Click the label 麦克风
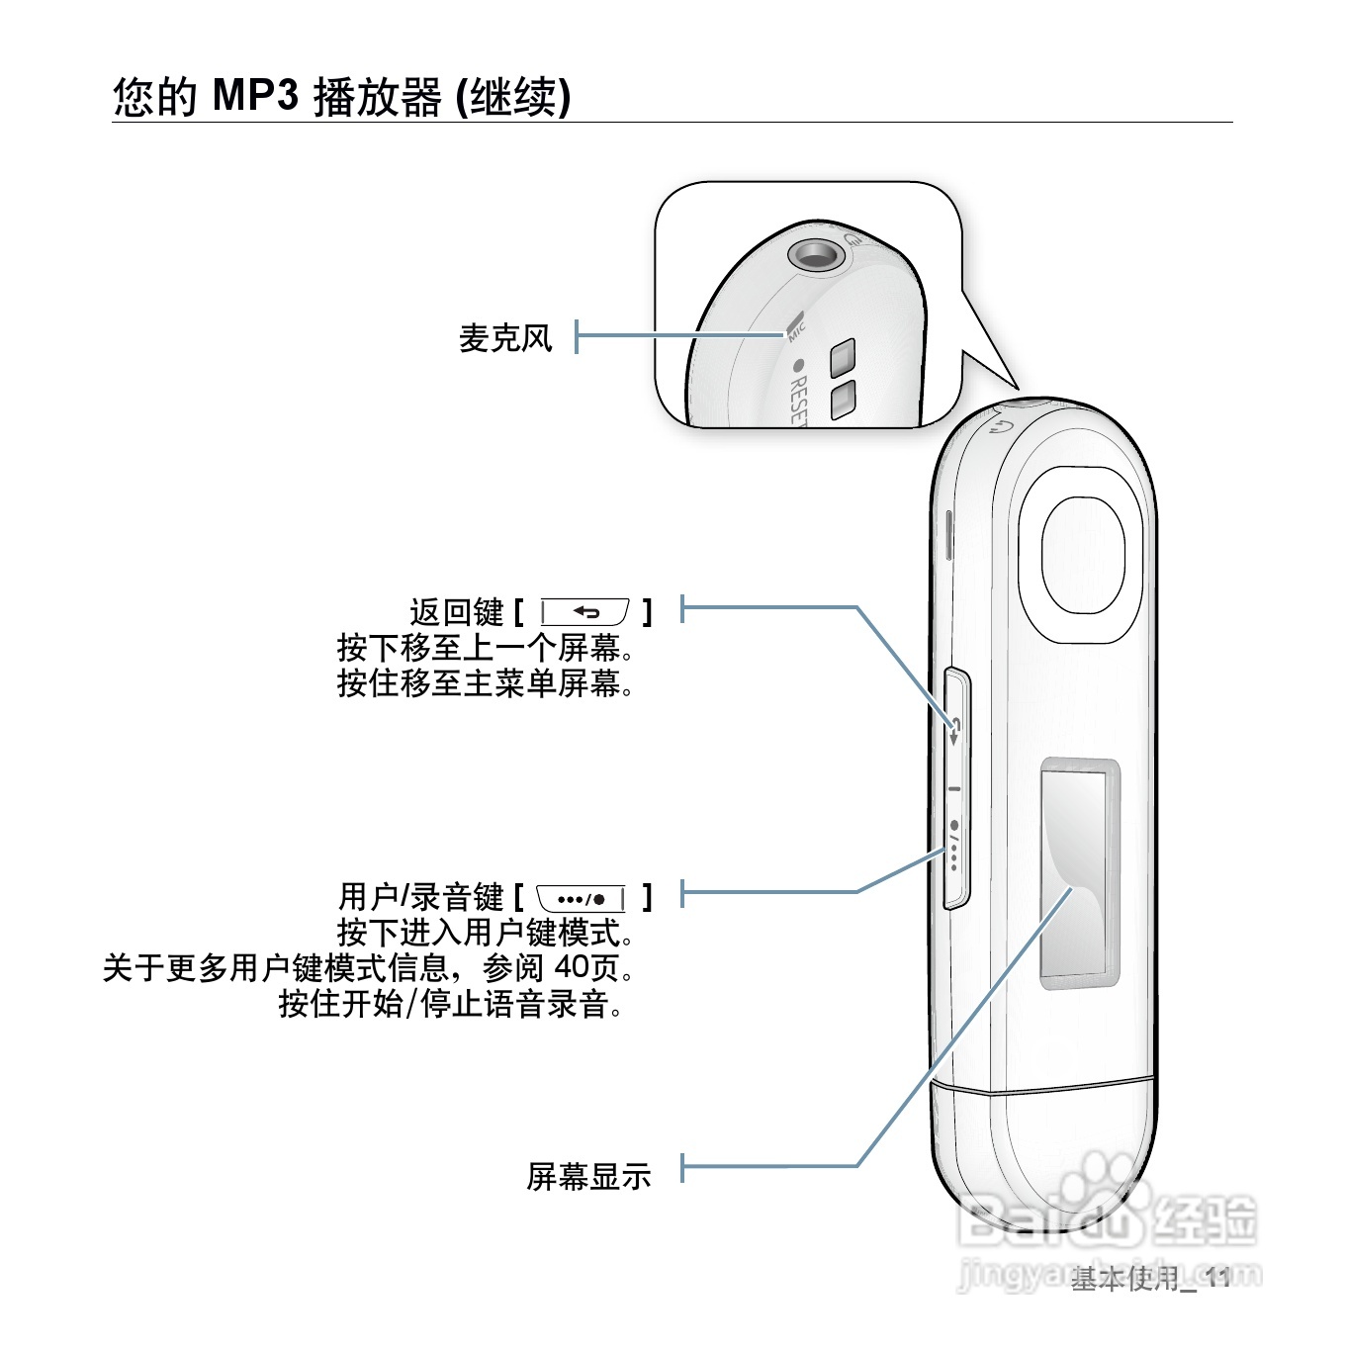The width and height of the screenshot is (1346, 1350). pos(504,338)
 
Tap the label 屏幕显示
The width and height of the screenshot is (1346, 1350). pos(588,1175)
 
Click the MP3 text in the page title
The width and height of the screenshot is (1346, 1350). pos(255,96)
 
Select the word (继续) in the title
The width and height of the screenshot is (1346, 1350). pos(512,97)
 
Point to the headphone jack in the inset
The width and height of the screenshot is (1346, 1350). pos(817,254)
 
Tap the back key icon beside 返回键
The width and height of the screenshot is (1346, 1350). pos(585,613)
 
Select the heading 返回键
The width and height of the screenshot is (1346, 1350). pos(457,613)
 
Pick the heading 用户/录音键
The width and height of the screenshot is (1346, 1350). pos(421,898)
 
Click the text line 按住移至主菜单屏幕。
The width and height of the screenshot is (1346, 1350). pos(485,683)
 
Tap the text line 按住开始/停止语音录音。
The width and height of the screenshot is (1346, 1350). pos(451,1004)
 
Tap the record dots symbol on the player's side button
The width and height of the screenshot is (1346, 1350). pos(954,847)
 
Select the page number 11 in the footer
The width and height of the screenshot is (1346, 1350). pos(1217,1279)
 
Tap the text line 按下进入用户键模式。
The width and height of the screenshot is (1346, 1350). pos(485,933)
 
